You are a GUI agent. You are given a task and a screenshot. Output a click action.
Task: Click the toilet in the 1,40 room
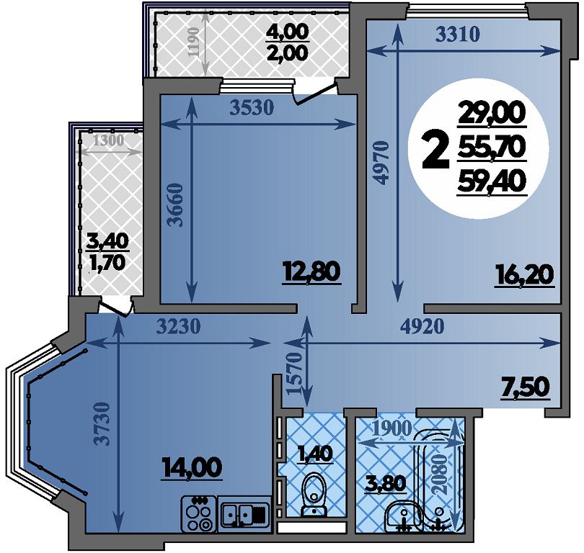tap(313, 495)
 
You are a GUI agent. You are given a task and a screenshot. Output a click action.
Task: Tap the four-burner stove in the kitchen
tap(198, 513)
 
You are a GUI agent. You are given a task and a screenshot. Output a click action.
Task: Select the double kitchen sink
tap(244, 514)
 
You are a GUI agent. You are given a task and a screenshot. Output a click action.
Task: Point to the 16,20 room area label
tap(524, 276)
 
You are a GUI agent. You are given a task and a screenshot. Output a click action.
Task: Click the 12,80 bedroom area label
tap(311, 272)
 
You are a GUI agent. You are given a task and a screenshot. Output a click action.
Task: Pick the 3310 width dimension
tap(458, 35)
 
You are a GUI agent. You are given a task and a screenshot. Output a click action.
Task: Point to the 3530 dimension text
tap(252, 108)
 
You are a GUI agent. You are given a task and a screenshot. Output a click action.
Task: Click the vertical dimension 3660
tap(175, 205)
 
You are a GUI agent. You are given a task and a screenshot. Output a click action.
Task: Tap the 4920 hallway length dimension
tap(422, 326)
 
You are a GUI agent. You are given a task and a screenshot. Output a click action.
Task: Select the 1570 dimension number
tap(295, 373)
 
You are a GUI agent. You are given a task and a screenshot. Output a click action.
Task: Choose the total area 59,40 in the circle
tap(492, 182)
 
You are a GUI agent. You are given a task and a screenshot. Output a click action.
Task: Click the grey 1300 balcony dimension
tap(108, 140)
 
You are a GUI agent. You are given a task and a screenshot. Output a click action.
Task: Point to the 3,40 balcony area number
tap(107, 242)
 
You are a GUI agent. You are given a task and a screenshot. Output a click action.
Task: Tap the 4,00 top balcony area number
tap(287, 32)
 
